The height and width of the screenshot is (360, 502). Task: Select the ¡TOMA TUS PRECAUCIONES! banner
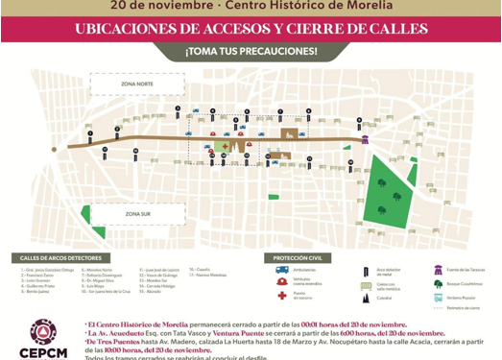click(x=251, y=50)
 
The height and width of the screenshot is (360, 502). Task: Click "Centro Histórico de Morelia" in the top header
click(x=290, y=5)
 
